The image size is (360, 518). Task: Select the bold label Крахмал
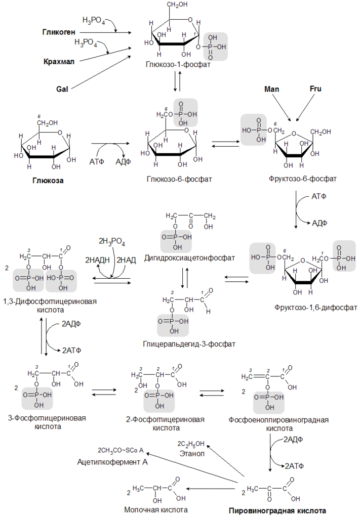pyautogui.click(x=59, y=61)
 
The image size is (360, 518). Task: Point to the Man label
pyautogui.click(x=272, y=89)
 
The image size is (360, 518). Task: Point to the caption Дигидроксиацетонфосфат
pyautogui.click(x=189, y=258)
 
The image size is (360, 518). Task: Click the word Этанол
pyautogui.click(x=191, y=453)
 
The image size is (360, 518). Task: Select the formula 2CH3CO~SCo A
pyautogui.click(x=121, y=450)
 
